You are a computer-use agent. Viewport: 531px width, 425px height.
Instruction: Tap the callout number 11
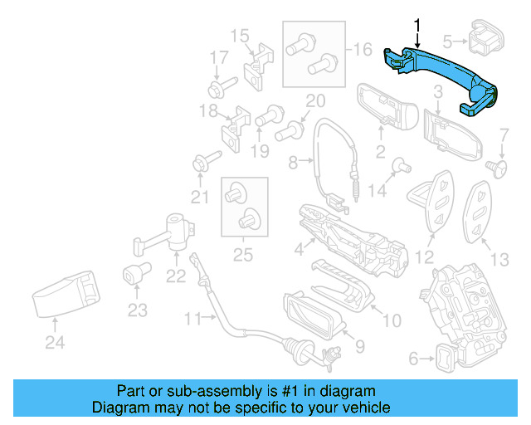(x=192, y=318)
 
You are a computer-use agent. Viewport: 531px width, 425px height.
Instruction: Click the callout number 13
(x=499, y=260)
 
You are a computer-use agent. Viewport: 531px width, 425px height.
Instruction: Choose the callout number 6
(x=414, y=359)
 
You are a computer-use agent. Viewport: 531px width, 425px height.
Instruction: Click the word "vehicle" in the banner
(x=365, y=408)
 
